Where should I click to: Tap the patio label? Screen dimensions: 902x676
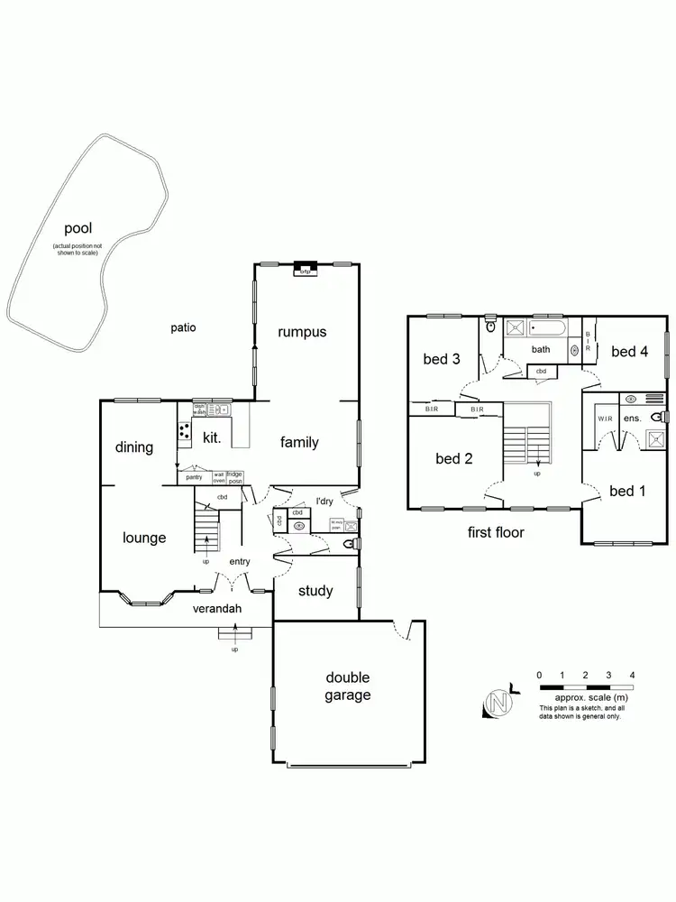pyautogui.click(x=183, y=328)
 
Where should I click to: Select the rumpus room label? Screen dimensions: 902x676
pyautogui.click(x=302, y=332)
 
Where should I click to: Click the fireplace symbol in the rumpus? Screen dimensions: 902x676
pyautogui.click(x=304, y=268)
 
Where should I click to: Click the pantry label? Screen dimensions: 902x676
pyautogui.click(x=194, y=476)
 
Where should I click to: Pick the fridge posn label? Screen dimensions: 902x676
pyautogui.click(x=234, y=478)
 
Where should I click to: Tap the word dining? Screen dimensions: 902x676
pyautogui.click(x=134, y=447)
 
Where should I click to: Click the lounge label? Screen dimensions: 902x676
pyautogui.click(x=144, y=538)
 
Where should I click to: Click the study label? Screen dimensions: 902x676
pyautogui.click(x=315, y=591)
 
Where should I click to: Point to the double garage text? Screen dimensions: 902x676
pyautogui.click(x=348, y=686)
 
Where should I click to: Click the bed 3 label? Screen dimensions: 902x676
pyautogui.click(x=442, y=359)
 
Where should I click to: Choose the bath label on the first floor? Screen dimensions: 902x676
pyautogui.click(x=541, y=350)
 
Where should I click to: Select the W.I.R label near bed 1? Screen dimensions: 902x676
pyautogui.click(x=606, y=419)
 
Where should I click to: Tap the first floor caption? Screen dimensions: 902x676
pyautogui.click(x=496, y=532)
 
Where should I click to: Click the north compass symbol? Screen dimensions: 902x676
pyautogui.click(x=496, y=704)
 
